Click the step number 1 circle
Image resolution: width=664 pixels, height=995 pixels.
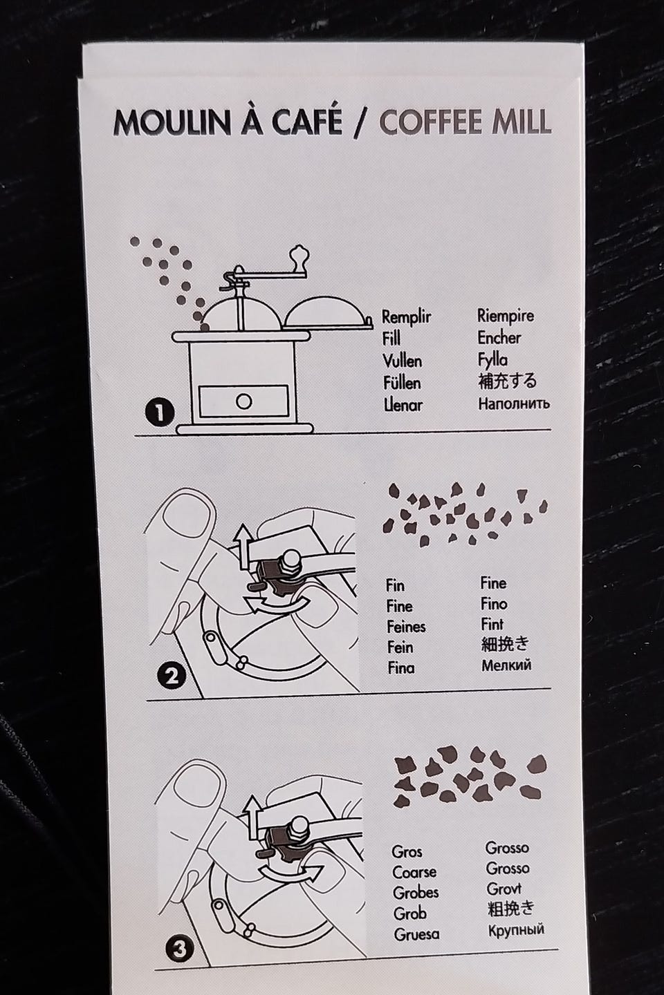[159, 413]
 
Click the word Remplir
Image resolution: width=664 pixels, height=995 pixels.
[407, 318]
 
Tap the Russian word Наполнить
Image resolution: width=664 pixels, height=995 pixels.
[514, 404]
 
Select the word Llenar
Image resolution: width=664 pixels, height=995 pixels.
[403, 405]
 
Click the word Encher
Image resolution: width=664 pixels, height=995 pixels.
[499, 338]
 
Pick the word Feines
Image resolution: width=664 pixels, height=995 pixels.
[406, 627]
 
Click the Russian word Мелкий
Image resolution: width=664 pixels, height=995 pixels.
[506, 665]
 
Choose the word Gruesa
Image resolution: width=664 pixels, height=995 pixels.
[416, 934]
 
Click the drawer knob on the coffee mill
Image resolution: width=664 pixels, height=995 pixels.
[243, 401]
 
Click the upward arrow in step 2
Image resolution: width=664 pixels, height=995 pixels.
[243, 547]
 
